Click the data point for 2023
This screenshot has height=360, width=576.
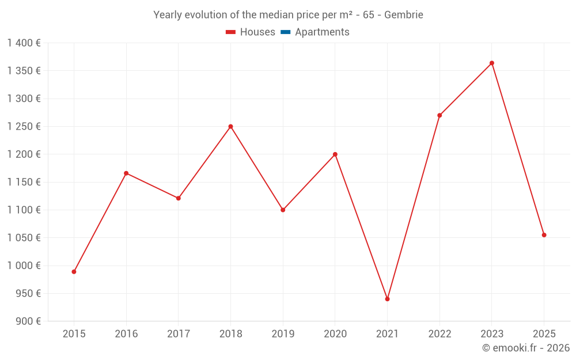click(x=492, y=63)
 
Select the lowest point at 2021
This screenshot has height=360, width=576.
click(x=387, y=299)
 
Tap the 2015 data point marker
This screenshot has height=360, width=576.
click(x=74, y=271)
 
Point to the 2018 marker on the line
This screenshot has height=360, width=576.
click(x=230, y=127)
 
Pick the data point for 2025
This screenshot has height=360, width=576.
click(x=544, y=235)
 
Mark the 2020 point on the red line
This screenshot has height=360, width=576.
click(x=335, y=154)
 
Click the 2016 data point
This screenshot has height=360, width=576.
click(x=126, y=173)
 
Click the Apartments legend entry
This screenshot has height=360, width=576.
click(x=322, y=32)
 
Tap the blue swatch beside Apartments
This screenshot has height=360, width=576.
click(x=285, y=32)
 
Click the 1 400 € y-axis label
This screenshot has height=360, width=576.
click(x=24, y=43)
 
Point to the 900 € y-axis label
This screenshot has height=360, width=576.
click(x=27, y=321)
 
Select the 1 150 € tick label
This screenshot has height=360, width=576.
click(x=24, y=182)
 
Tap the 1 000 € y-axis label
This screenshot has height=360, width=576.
click(x=24, y=266)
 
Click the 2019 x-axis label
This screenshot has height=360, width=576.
click(x=283, y=334)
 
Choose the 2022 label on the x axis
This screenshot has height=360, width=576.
click(x=439, y=334)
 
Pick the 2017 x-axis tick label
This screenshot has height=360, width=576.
click(x=178, y=334)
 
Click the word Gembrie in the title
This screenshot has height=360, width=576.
click(x=404, y=15)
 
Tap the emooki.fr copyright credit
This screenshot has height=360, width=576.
click(x=526, y=348)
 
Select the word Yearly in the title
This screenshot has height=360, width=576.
click(x=167, y=15)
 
